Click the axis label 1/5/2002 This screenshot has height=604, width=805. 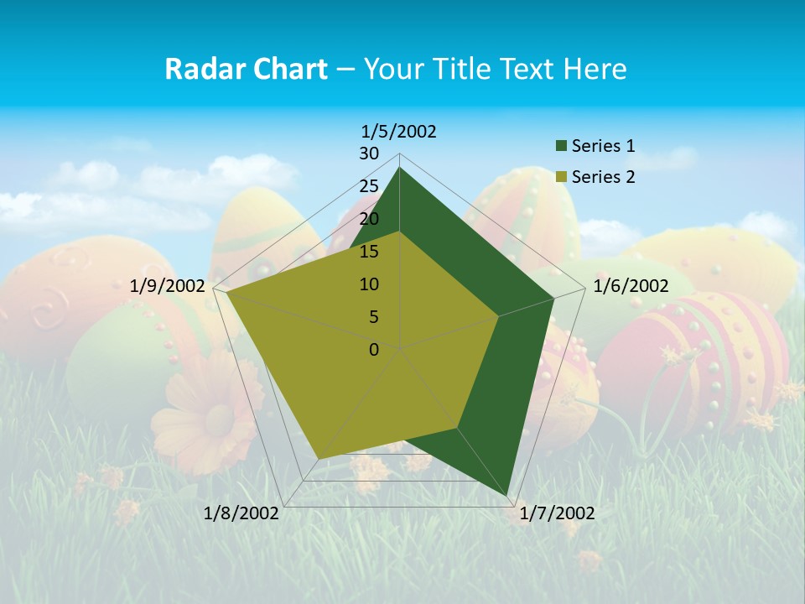399,131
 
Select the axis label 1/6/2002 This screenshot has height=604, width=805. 631,286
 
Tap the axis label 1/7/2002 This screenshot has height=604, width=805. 557,513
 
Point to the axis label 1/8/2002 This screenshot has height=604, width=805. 241,513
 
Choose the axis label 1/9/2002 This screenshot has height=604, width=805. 168,286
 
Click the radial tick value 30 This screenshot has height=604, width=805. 369,154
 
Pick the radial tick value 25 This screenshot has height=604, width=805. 369,186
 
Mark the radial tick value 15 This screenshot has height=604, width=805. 369,252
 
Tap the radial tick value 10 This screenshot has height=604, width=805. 369,284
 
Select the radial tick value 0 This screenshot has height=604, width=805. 374,350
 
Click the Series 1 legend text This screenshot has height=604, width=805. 603,146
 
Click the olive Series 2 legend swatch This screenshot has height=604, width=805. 561,177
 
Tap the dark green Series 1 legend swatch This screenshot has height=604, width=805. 561,146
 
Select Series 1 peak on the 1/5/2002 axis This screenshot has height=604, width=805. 400,168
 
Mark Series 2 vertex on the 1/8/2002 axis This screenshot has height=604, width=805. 317,458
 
